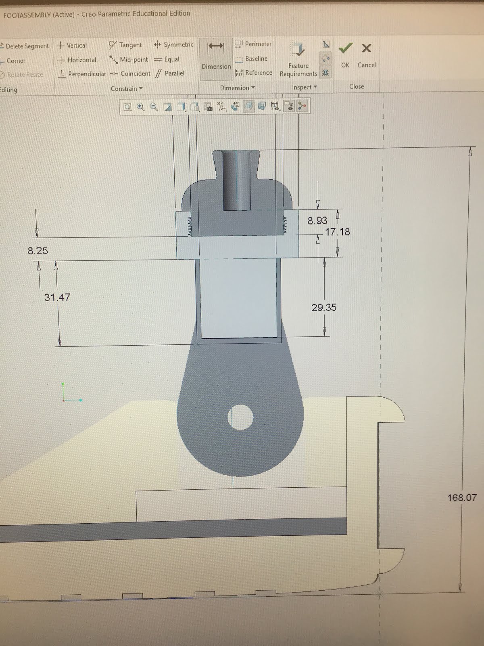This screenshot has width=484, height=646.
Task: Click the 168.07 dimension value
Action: pos(462,497)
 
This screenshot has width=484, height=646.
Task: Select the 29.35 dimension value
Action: pos(323,307)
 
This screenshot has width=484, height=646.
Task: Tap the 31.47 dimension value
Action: pos(57,297)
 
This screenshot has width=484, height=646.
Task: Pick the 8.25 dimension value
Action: pos(38,251)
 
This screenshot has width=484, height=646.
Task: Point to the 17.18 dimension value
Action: pos(338,232)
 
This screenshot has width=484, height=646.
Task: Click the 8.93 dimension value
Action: pos(317,220)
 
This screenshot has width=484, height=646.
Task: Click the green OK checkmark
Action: pos(345,48)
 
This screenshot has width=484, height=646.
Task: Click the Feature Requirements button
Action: pos(298,61)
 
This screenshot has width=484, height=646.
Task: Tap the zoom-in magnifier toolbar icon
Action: pos(140,107)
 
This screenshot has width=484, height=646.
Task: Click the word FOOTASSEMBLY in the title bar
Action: pos(27,15)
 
